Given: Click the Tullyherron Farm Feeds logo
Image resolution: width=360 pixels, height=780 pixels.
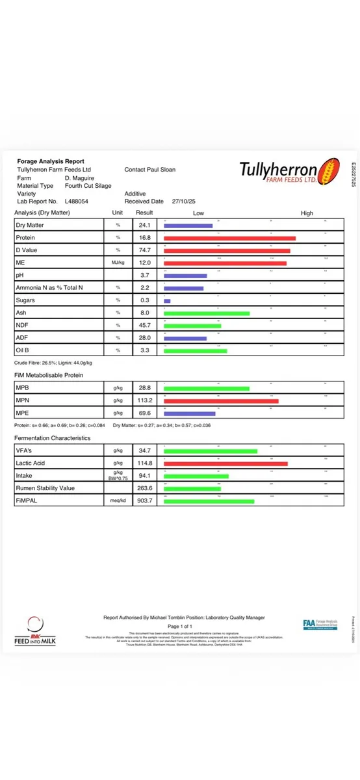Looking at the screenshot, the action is [x=288, y=172].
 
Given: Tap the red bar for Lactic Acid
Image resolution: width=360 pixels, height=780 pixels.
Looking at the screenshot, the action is [x=225, y=463].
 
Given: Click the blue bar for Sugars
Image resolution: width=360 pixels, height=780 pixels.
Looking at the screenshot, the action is [x=167, y=301].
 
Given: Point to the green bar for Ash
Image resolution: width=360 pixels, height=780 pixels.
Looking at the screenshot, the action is [x=207, y=313].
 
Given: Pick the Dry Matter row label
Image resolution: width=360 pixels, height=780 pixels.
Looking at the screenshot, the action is [x=30, y=226].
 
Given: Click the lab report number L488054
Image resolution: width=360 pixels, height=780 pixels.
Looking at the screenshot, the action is [x=77, y=201].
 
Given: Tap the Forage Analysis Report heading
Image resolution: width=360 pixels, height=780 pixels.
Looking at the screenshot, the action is [x=51, y=161].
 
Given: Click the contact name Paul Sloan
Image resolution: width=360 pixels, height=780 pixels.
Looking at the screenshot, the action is [x=160, y=170].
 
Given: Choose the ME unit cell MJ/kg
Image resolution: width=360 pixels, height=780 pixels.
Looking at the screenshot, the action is [x=118, y=263].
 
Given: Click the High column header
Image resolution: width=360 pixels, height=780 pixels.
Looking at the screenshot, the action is [x=307, y=213].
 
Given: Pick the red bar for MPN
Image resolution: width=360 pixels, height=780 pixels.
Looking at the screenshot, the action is [x=221, y=401].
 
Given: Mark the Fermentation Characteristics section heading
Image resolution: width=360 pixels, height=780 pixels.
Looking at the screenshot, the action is [x=52, y=438].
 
